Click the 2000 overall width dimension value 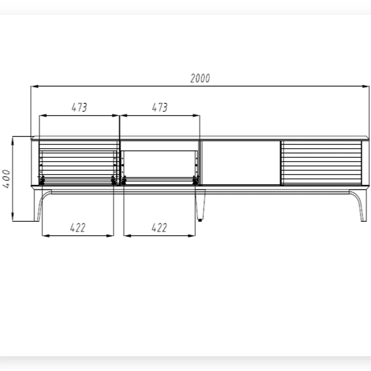pos(200,78)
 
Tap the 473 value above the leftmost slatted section pos(79,107)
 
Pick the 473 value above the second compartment pos(160,107)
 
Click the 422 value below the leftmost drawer pos(78,227)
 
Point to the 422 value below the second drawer pos(159,227)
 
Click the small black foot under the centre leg pos(200,220)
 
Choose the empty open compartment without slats pos(241,162)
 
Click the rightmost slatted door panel pos(321,162)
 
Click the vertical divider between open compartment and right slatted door pos(281,162)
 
